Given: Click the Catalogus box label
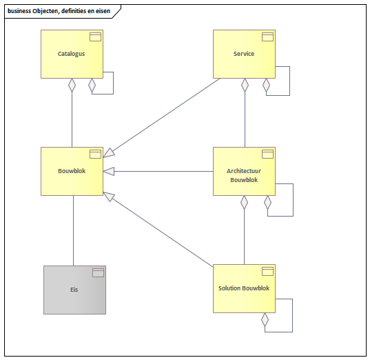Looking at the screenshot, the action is coord(71,54).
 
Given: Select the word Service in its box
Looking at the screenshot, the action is coord(244,54).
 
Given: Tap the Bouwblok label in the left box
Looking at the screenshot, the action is coord(72,171).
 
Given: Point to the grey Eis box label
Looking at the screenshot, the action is coord(74,290).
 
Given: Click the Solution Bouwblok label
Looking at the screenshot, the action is coord(244,288).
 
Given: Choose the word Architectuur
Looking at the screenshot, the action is coord(244,171).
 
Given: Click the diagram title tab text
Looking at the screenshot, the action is coord(59,11).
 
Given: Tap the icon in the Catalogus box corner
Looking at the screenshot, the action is coord(95,37).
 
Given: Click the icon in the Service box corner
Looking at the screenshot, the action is coord(267,37).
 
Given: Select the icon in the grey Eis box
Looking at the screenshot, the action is coord(98,273).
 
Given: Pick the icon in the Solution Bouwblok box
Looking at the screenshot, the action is coord(267,272).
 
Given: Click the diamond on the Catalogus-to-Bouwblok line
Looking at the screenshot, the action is coord(72,85).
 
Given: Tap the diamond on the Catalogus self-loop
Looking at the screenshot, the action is coord(92,85).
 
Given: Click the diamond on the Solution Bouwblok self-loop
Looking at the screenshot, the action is coord(265,320).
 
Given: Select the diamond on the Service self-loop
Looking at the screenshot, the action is coord(266,85).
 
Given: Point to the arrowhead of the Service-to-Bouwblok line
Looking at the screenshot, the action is coord(109,153).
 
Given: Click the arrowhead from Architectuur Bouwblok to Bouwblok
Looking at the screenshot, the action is coord(109,171).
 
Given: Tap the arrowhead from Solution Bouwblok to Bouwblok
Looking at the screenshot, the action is coord(109,197).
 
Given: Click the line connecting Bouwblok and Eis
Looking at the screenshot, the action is coord(74,231).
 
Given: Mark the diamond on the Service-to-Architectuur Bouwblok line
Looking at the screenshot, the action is coord(245,85).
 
